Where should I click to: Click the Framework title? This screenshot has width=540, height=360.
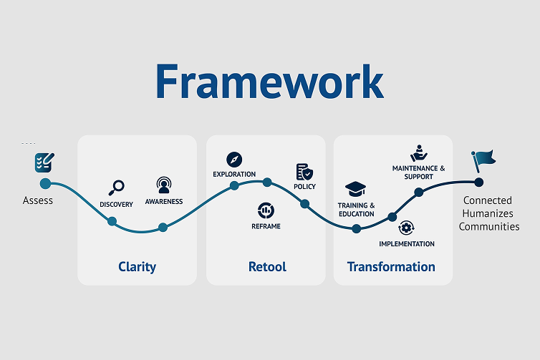pyautogui.click(x=270, y=81)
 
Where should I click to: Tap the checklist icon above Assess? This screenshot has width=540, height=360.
pyautogui.click(x=44, y=162)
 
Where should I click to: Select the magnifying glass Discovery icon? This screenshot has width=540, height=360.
pyautogui.click(x=117, y=188)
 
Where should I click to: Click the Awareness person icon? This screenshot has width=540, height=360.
pyautogui.click(x=163, y=185)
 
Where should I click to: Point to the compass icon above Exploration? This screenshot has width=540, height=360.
pyautogui.click(x=234, y=160)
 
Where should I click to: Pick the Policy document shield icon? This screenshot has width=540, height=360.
pyautogui.click(x=304, y=172)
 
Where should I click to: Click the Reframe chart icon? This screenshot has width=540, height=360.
pyautogui.click(x=266, y=210)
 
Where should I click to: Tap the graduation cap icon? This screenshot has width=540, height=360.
pyautogui.click(x=355, y=189)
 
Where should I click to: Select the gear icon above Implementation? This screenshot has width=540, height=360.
pyautogui.click(x=406, y=228)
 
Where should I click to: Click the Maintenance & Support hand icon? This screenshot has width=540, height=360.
pyautogui.click(x=419, y=153)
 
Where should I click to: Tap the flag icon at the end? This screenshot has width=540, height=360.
pyautogui.click(x=483, y=161)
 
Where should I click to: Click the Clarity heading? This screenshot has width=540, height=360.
pyautogui.click(x=137, y=267)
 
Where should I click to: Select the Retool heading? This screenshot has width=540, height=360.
pyautogui.click(x=267, y=267)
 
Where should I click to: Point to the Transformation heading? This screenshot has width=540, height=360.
pyautogui.click(x=391, y=267)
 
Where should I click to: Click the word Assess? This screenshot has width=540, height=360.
pyautogui.click(x=38, y=200)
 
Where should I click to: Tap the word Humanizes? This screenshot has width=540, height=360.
pyautogui.click(x=488, y=213)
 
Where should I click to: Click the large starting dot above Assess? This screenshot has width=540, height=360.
pyautogui.click(x=45, y=184)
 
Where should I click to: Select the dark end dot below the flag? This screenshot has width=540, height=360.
pyautogui.click(x=478, y=182)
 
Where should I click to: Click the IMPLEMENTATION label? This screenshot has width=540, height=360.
pyautogui.click(x=407, y=243)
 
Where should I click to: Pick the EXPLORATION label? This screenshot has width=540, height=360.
pyautogui.click(x=234, y=174)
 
